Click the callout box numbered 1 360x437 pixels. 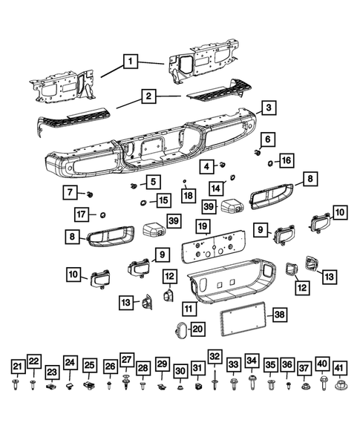pyautogui.click(x=131, y=62)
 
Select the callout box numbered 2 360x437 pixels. pyautogui.click(x=149, y=96)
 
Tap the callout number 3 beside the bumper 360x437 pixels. pyautogui.click(x=269, y=108)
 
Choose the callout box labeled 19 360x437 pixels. pyautogui.click(x=202, y=225)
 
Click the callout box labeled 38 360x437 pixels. pyautogui.click(x=278, y=315)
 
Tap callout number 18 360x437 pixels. pyautogui.click(x=188, y=196)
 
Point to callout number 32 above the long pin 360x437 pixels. pyautogui.click(x=215, y=356)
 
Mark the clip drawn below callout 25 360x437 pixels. pyautogui.click(x=88, y=386)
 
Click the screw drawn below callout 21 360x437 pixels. pyautogui.click(x=17, y=385)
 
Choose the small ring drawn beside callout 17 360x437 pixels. pyautogui.click(x=103, y=215)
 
